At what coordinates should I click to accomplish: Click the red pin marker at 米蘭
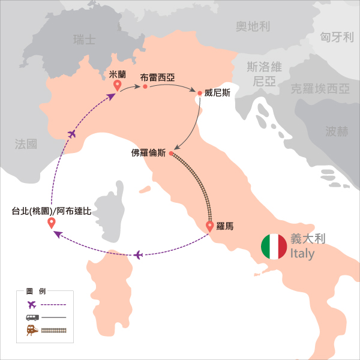tap(117, 86)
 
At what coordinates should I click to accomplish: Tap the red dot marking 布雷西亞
tap(145, 87)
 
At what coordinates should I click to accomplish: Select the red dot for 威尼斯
tap(199, 93)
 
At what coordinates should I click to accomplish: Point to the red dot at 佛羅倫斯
tap(171, 154)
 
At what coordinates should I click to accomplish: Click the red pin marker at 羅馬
tap(209, 226)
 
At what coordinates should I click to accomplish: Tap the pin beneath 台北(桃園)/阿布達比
tap(52, 223)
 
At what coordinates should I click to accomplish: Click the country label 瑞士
tap(84, 40)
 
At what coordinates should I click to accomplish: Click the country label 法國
tap(26, 143)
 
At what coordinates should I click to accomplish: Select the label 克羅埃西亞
tap(319, 89)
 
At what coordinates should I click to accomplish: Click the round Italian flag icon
tap(274, 247)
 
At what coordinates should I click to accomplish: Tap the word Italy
tap(302, 254)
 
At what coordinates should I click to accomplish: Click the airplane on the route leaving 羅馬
tap(139, 255)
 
